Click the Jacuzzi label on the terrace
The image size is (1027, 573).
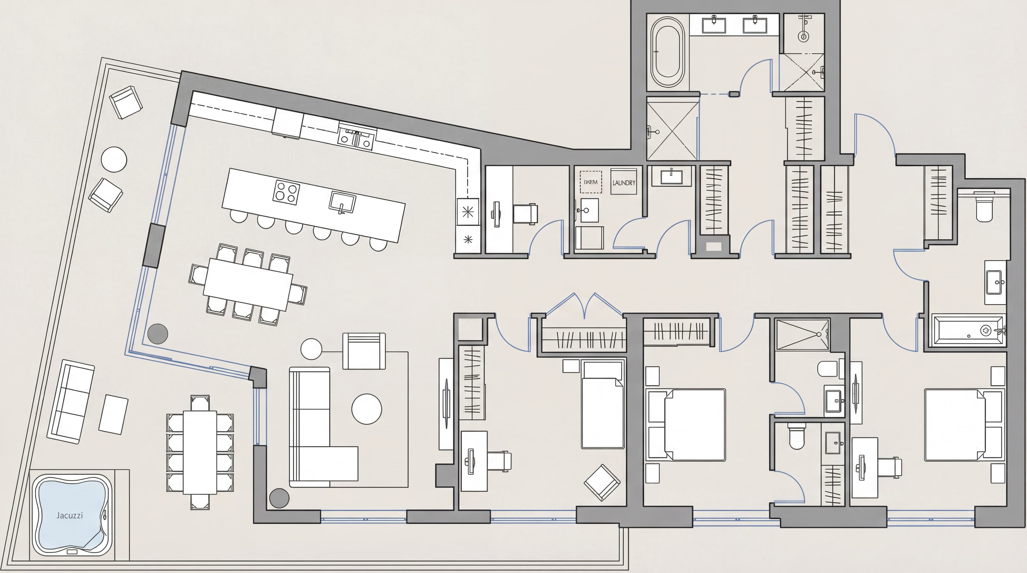click(x=70, y=515)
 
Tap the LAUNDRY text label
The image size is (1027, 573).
click(x=623, y=183)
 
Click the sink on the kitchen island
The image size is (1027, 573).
click(x=342, y=202)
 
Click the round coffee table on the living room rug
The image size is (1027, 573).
click(x=366, y=409)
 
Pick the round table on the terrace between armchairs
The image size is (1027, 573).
click(x=114, y=159)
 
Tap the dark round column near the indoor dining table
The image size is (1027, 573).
click(x=158, y=333)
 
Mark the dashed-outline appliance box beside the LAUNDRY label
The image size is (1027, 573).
click(x=591, y=182)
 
